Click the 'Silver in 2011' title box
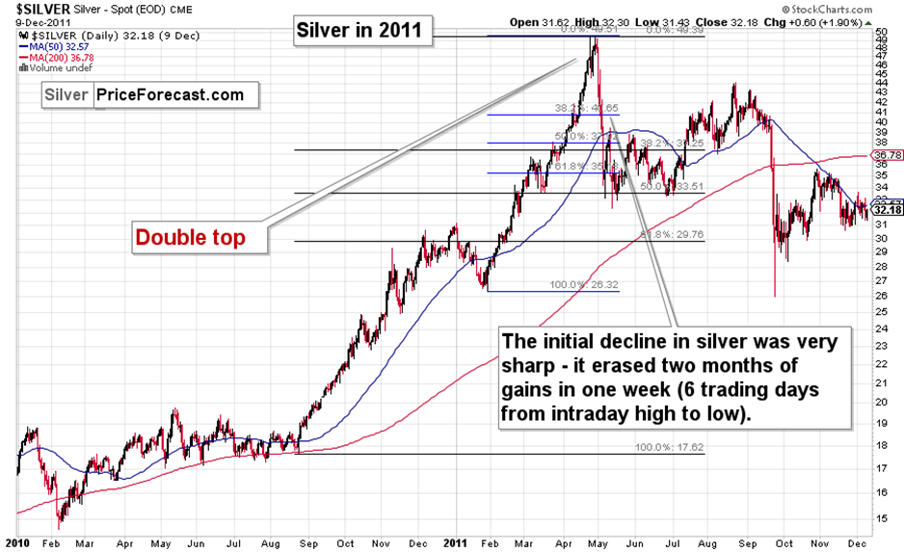358,30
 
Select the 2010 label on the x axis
16,543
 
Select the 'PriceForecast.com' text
170,94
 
